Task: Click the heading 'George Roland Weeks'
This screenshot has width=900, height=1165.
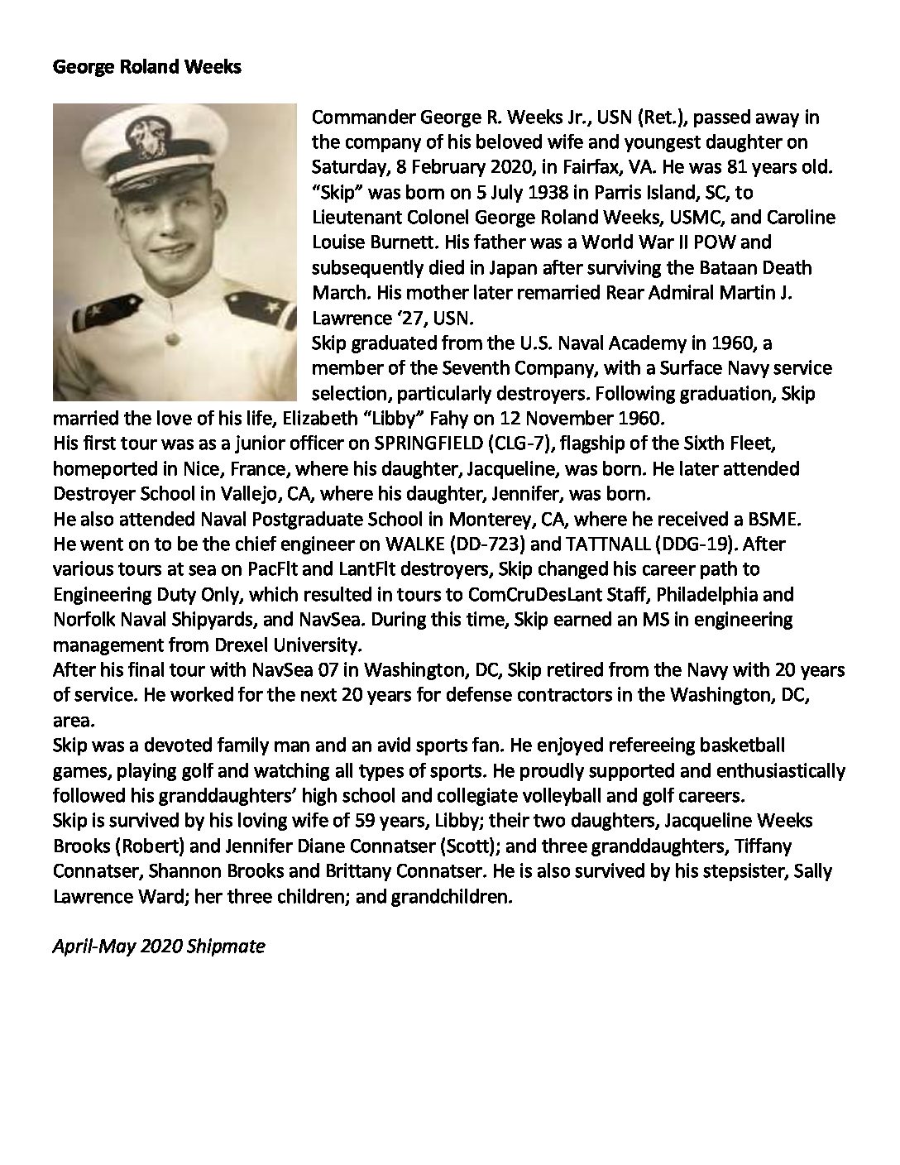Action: [x=146, y=67]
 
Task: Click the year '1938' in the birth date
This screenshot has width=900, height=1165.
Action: [x=516, y=192]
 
